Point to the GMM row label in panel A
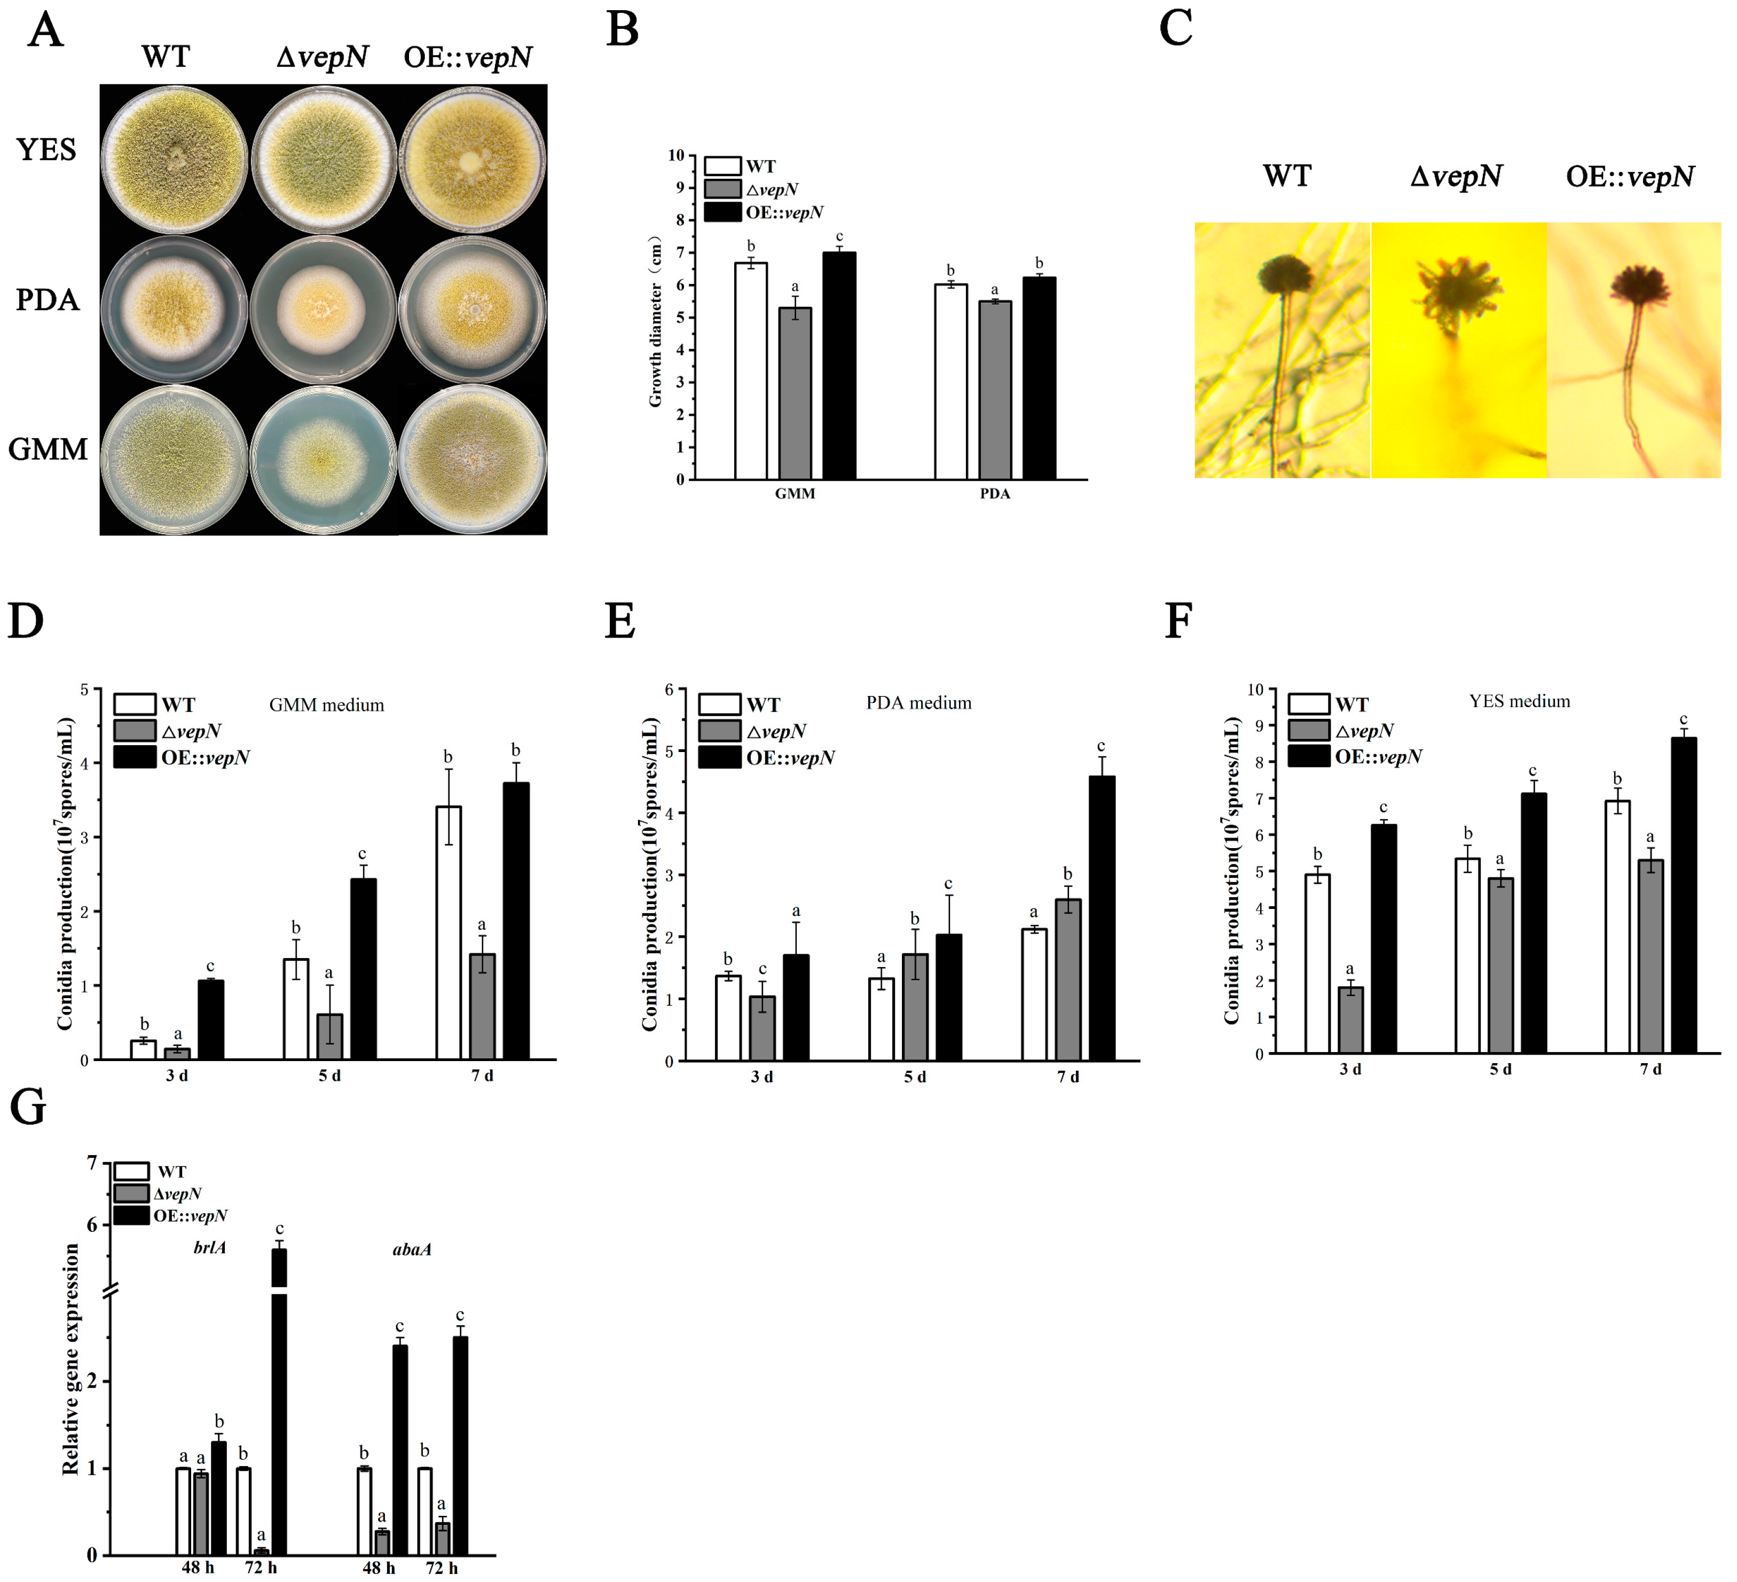tap(48, 449)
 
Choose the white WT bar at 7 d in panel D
tap(448, 932)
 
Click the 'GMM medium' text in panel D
tap(327, 705)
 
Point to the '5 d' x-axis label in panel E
tap(915, 1077)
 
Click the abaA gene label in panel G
tap(412, 1249)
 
